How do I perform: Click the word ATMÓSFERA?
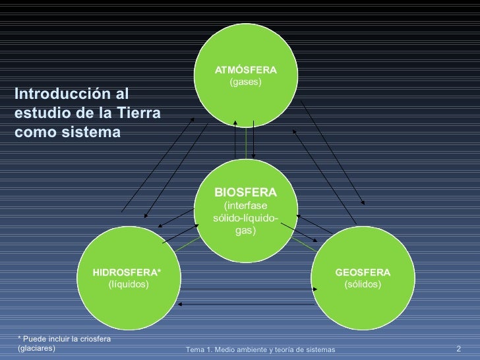245,69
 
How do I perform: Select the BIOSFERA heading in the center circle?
245,192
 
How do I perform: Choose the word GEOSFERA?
363,272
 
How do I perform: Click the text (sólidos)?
363,284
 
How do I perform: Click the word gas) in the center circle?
245,231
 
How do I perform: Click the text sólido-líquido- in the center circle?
245,219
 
